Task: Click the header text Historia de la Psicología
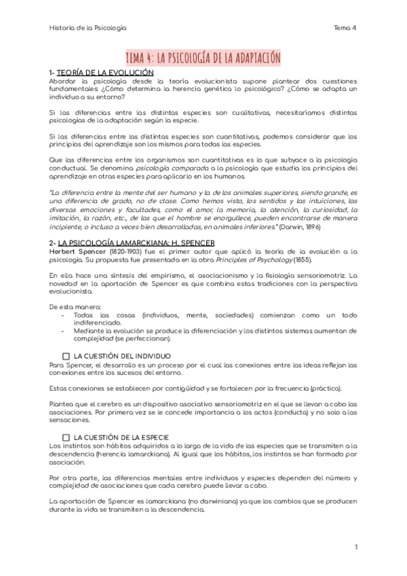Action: [x=88, y=28]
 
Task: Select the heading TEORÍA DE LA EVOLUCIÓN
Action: [x=105, y=72]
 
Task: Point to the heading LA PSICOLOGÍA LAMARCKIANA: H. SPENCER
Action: [x=136, y=243]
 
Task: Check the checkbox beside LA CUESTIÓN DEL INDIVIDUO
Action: [x=66, y=356]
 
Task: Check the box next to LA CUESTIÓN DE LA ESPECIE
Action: [x=66, y=437]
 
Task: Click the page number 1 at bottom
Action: [x=355, y=547]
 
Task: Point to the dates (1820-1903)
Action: [x=127, y=251]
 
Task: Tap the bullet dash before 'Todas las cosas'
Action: [x=63, y=315]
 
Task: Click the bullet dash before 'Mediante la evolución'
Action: [x=63, y=331]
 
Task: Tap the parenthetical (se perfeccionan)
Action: [x=142, y=339]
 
